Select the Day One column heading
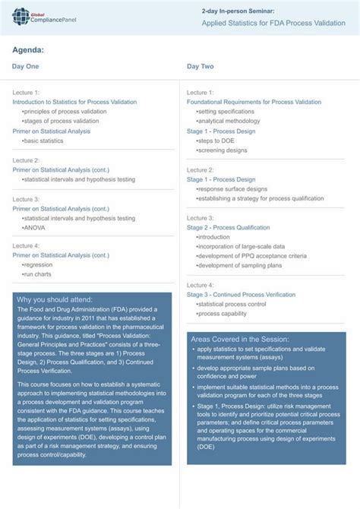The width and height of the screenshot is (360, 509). click(25, 67)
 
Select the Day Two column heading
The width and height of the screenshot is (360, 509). click(201, 67)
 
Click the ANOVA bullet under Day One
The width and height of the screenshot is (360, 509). click(34, 227)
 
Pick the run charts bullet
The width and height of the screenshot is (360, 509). click(37, 274)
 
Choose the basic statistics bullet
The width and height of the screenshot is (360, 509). click(43, 141)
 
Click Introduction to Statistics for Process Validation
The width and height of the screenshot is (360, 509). click(74, 102)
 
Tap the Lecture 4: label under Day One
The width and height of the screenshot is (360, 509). click(26, 246)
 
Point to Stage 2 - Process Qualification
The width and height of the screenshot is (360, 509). click(228, 227)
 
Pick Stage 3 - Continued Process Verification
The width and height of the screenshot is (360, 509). click(241, 294)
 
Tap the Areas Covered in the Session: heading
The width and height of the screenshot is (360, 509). click(240, 339)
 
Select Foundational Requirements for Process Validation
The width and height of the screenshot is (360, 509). click(254, 102)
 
